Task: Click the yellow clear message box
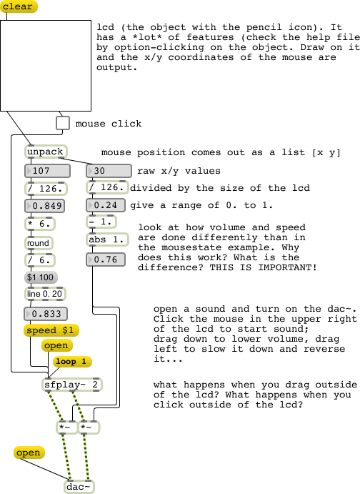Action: click(x=19, y=6)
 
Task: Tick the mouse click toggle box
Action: click(x=63, y=123)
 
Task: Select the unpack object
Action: click(x=46, y=152)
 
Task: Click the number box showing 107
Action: click(x=47, y=171)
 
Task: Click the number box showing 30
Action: click(x=109, y=171)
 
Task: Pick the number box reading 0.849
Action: click(x=45, y=206)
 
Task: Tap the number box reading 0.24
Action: click(x=106, y=205)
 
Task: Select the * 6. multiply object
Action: click(x=40, y=224)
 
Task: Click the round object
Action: click(x=39, y=243)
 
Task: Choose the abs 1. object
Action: click(x=108, y=239)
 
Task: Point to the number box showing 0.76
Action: click(x=106, y=260)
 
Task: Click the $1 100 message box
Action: click(x=41, y=277)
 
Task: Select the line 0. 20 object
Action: click(x=45, y=294)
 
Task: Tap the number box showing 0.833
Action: click(x=46, y=314)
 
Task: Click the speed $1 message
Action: click(x=51, y=330)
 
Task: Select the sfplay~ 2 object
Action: click(x=72, y=385)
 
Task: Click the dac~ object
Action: click(x=79, y=487)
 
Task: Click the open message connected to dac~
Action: click(x=29, y=453)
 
